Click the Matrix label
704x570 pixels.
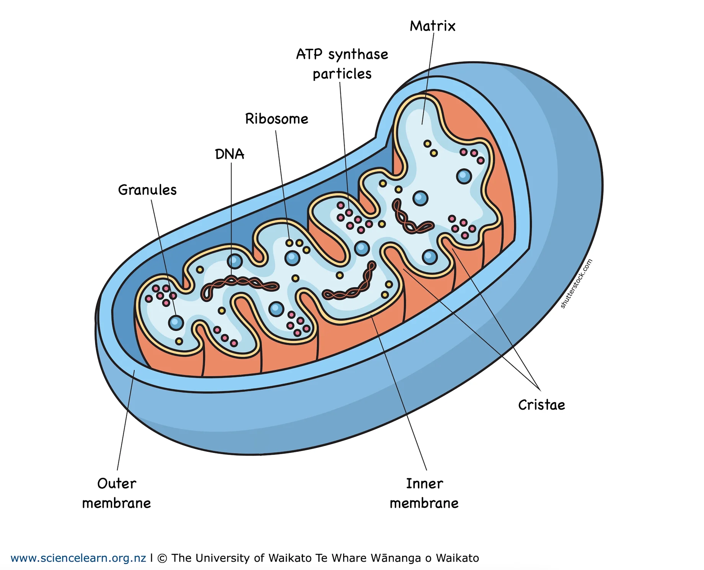pyautogui.click(x=432, y=26)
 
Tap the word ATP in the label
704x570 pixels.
pyautogui.click(x=309, y=54)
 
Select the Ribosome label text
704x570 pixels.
pyautogui.click(x=277, y=119)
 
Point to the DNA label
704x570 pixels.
pyautogui.click(x=230, y=154)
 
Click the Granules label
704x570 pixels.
pyautogui.click(x=147, y=190)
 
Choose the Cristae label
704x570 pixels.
pyautogui.click(x=541, y=405)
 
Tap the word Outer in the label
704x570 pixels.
pyautogui.click(x=117, y=484)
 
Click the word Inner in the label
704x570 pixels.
pyautogui.click(x=424, y=484)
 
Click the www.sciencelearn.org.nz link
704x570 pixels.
pyautogui.click(x=78, y=558)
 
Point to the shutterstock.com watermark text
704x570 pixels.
pyautogui.click(x=576, y=284)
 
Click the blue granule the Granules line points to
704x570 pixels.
pyautogui.click(x=176, y=323)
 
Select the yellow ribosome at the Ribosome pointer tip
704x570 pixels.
pyautogui.click(x=290, y=243)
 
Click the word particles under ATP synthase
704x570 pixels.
pyautogui.click(x=342, y=74)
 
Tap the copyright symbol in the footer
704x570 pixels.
pyautogui.click(x=162, y=558)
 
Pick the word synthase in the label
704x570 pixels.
pyautogui.click(x=358, y=54)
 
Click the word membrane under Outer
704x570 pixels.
pyautogui.click(x=117, y=504)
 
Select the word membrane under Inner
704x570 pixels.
pyautogui.click(x=424, y=504)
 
